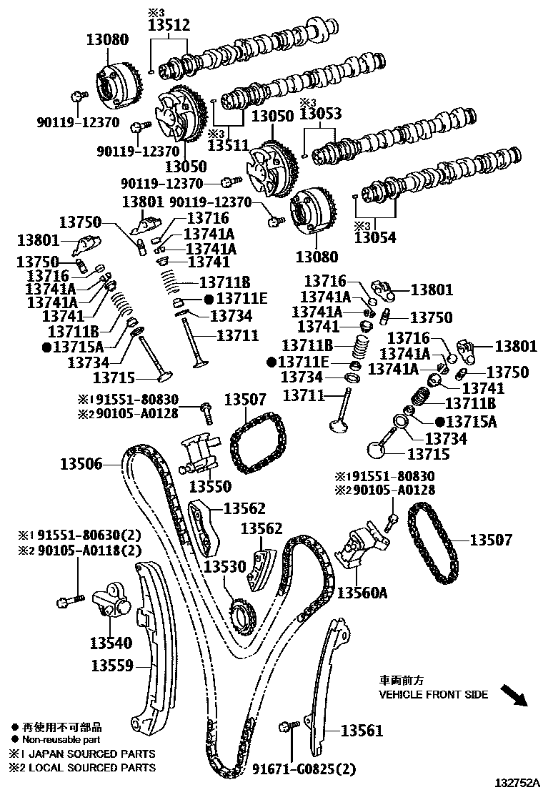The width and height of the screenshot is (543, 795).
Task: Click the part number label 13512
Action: (x=169, y=25)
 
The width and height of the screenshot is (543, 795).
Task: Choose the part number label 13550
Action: (x=210, y=486)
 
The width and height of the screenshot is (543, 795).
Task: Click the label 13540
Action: (x=111, y=643)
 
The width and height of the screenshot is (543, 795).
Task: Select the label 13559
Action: (x=112, y=666)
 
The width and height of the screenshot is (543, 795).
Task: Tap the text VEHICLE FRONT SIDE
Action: (x=434, y=694)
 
